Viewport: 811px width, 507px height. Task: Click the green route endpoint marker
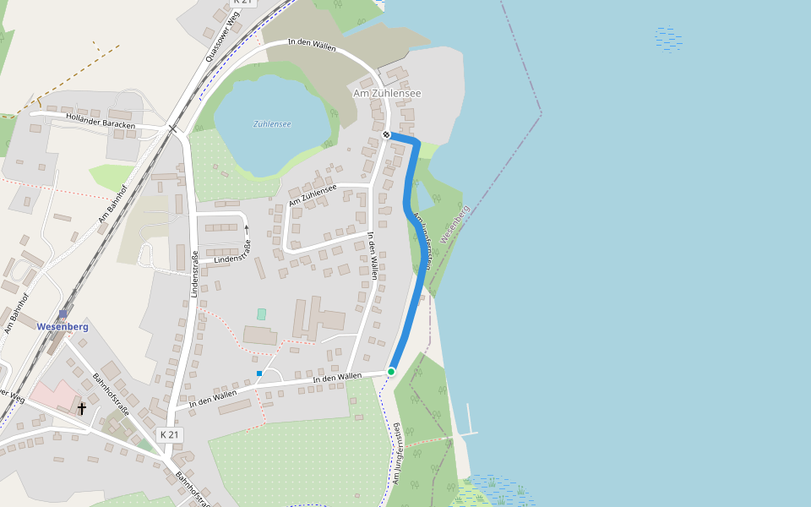391,371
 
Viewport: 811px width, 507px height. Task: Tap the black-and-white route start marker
386,134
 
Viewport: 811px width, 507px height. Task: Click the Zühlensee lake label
272,124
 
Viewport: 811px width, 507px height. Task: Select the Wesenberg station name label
63,326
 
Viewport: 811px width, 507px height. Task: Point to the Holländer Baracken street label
101,122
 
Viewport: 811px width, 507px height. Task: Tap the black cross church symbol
82,409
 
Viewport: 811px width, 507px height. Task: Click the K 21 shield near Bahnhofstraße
170,434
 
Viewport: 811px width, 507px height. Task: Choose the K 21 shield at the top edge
242,3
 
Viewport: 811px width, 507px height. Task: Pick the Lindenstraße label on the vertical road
194,274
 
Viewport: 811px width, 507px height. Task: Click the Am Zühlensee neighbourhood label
386,93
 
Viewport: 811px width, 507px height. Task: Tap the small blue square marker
259,373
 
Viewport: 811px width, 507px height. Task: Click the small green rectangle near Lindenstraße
261,313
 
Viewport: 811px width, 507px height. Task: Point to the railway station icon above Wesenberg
63,313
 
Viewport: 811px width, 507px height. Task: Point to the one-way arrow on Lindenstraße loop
247,228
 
